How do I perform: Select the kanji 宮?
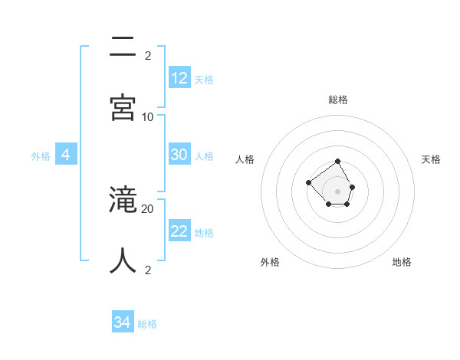[123, 108]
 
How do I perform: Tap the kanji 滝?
[123, 201]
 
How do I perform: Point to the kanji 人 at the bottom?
[123, 260]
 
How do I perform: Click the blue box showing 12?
[179, 78]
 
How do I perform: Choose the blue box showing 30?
[179, 155]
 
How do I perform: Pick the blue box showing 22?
[179, 231]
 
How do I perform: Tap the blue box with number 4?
[66, 155]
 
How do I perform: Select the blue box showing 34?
[123, 322]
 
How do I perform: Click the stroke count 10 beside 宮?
[148, 116]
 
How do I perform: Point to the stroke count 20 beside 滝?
[148, 208]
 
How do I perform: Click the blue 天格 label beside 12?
[204, 79]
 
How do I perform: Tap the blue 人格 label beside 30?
[204, 155]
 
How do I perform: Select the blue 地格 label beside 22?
[204, 232]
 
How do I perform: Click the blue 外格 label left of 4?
[41, 155]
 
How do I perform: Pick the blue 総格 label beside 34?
[147, 324]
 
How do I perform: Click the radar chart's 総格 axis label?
[338, 100]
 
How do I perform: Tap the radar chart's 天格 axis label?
[431, 159]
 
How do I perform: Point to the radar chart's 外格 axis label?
[270, 262]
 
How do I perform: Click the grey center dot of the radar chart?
[338, 191]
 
